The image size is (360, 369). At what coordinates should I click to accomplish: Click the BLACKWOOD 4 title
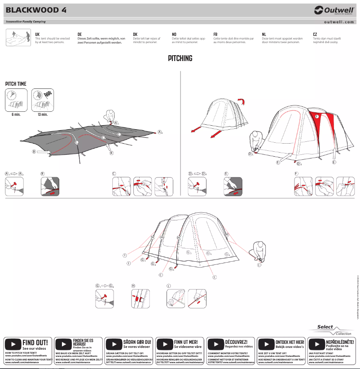36,10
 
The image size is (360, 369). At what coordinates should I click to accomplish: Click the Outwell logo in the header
334,10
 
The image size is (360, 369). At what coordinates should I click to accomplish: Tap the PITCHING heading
180,58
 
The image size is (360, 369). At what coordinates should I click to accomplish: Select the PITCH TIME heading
16,84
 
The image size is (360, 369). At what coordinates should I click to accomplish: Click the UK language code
37,34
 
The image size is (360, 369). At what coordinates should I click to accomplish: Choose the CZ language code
315,34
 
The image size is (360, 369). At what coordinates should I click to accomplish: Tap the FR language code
215,34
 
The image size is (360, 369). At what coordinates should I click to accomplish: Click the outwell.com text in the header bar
339,22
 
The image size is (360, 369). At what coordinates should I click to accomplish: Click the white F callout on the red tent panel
317,117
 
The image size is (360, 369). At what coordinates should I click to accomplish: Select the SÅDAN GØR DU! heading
137,342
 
